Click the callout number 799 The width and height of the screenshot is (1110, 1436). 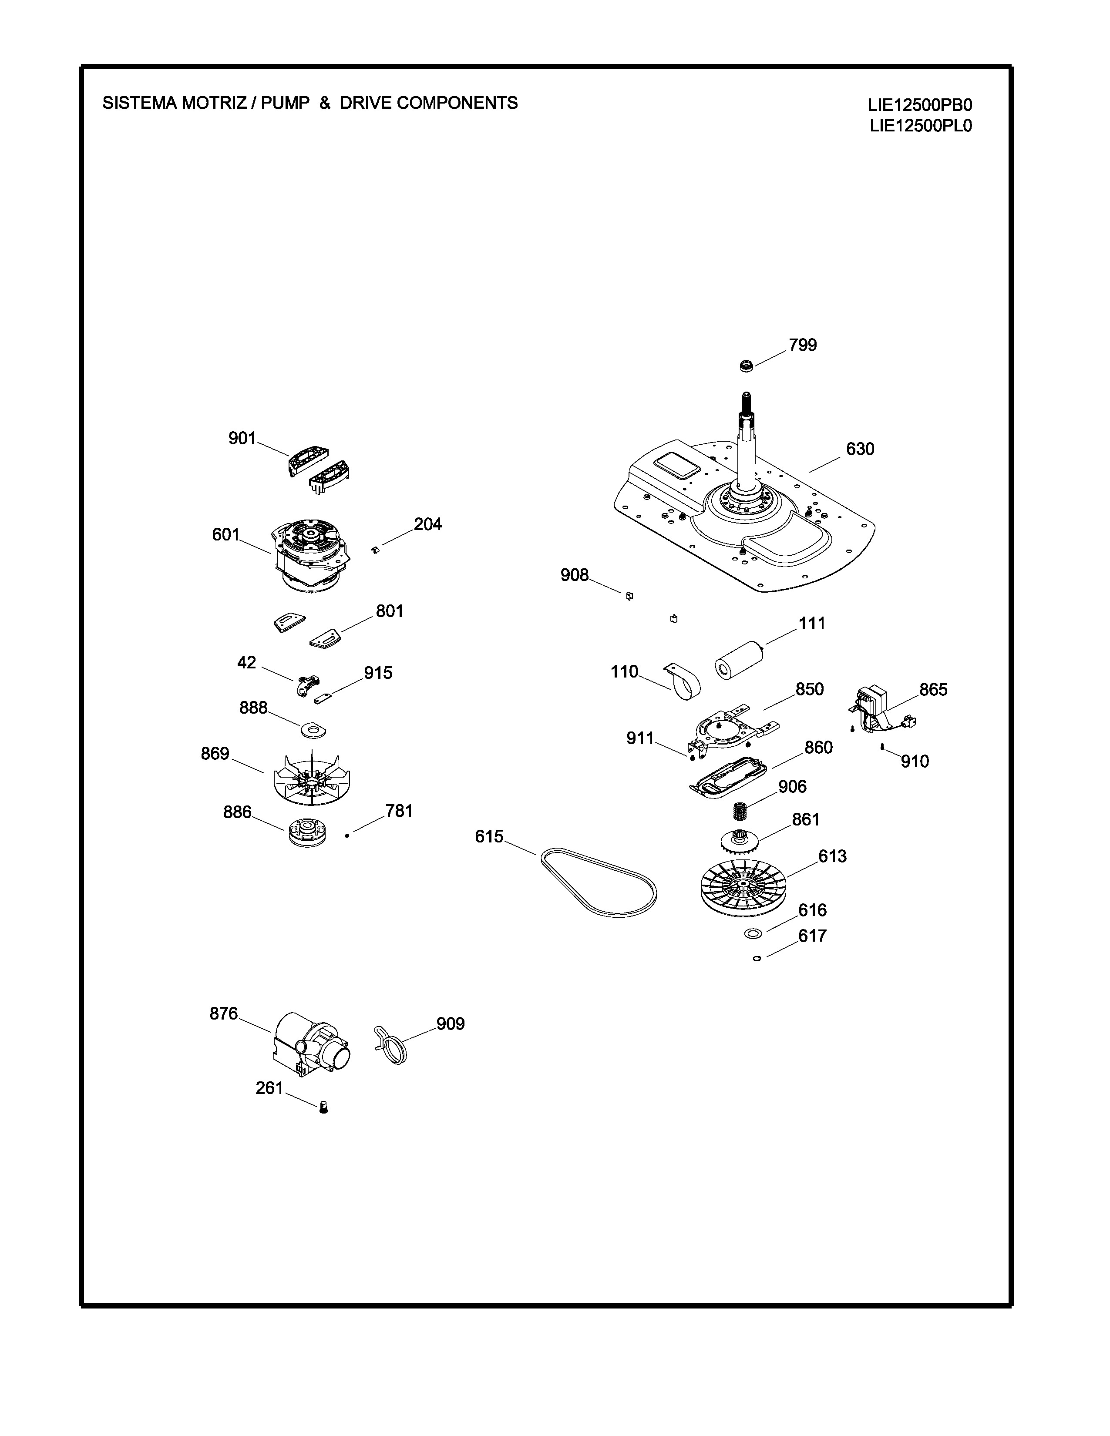click(x=803, y=345)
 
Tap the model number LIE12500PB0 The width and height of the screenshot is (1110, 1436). click(x=919, y=105)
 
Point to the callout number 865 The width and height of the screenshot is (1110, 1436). click(x=933, y=690)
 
